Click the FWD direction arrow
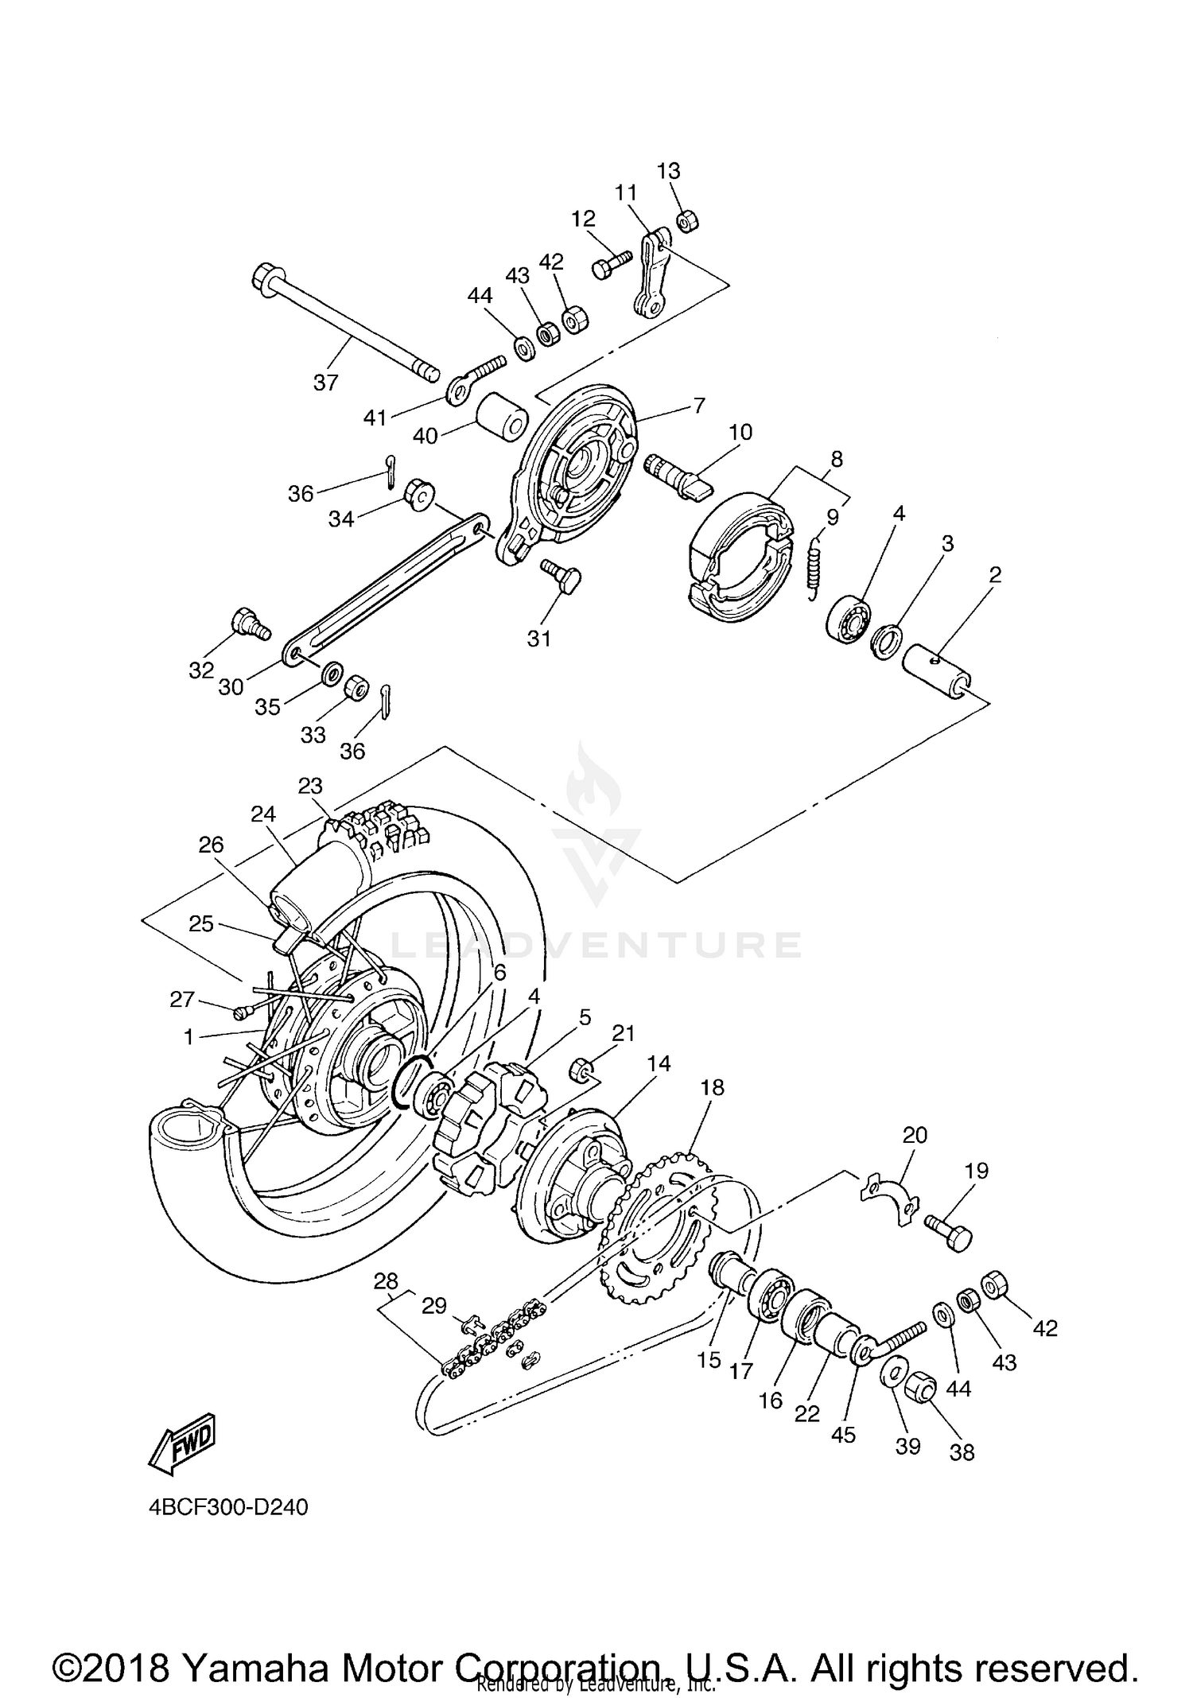[x=182, y=1440]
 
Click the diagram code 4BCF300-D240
[x=227, y=1507]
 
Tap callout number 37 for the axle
[x=325, y=383]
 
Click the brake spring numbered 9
[x=813, y=566]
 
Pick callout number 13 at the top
[x=669, y=171]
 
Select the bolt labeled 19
[x=949, y=1234]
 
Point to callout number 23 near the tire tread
[x=310, y=786]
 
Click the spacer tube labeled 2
[x=938, y=669]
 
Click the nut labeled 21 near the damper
[x=581, y=1070]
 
